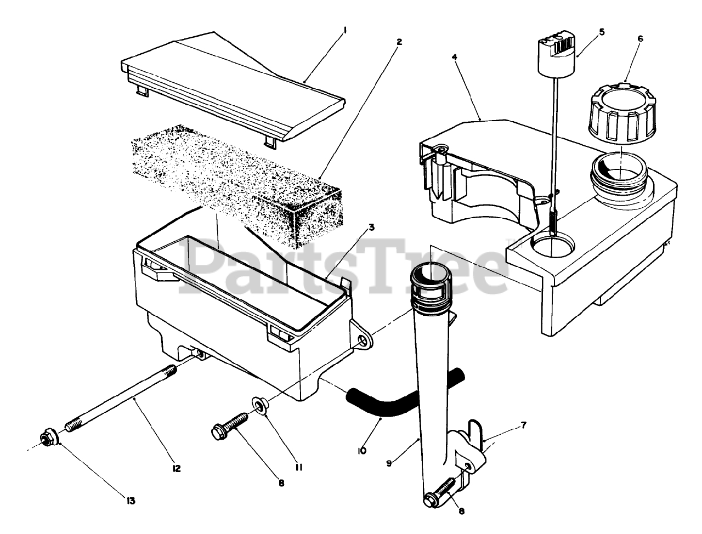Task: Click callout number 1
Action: [x=345, y=31]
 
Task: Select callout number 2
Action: [x=399, y=42]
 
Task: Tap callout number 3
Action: [x=356, y=228]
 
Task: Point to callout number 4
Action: [x=455, y=57]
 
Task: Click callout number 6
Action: [x=641, y=39]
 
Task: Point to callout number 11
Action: [x=299, y=467]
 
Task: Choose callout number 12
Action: [x=177, y=469]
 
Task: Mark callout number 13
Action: [x=132, y=501]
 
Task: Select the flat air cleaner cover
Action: [x=230, y=77]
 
